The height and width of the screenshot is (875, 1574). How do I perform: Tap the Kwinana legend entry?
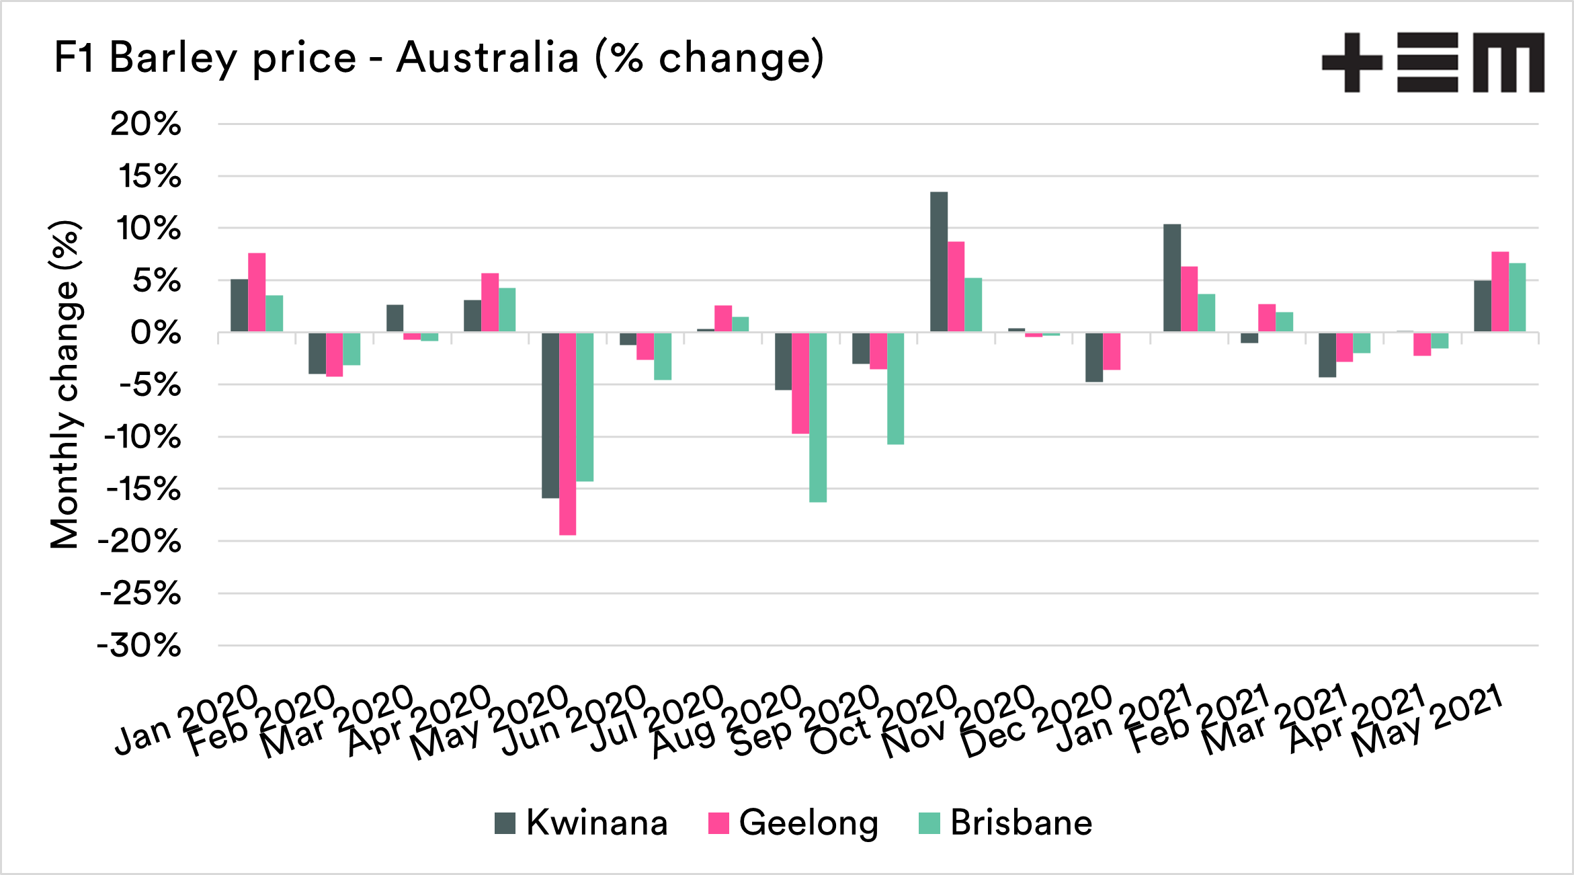click(581, 823)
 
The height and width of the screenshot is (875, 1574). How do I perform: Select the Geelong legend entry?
click(793, 823)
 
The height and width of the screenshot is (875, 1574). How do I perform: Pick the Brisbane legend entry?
click(1005, 823)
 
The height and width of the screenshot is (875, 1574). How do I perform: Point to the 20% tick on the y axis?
click(146, 124)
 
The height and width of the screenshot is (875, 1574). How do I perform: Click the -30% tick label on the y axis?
click(140, 646)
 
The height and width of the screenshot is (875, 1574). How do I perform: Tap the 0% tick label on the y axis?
click(156, 333)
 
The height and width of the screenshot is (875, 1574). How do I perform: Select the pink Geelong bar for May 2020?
click(567, 433)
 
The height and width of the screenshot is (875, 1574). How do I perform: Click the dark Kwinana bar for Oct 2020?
click(939, 262)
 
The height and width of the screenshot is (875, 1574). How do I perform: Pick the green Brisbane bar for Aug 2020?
click(818, 417)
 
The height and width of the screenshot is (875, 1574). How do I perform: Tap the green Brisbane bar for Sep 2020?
click(895, 388)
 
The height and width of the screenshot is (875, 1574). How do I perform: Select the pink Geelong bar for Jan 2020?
click(257, 292)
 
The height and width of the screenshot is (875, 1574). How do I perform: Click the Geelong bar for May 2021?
click(1500, 292)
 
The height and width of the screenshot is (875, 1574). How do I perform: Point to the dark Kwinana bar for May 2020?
click(550, 415)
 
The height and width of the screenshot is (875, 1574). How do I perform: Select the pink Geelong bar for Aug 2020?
click(800, 383)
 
